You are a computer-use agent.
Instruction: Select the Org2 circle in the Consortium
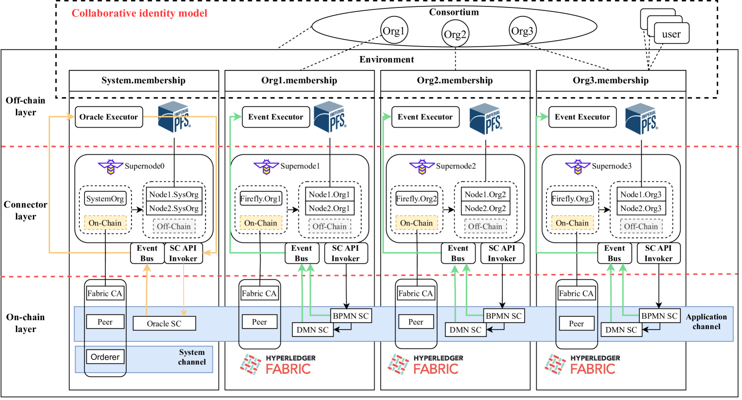(x=455, y=35)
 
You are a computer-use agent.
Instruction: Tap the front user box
(x=671, y=35)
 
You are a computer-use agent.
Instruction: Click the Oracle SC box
(x=164, y=324)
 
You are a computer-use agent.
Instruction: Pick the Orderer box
(x=105, y=356)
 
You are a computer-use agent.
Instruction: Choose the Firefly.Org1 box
(x=261, y=199)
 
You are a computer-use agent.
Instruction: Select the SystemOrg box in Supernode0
(x=106, y=199)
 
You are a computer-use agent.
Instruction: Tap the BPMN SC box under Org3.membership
(x=659, y=316)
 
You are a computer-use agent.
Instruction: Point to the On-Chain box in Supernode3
(x=572, y=223)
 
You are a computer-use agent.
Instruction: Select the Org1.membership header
(x=299, y=80)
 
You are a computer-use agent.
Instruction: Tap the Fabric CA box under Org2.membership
(x=415, y=293)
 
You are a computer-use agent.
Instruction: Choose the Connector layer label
(x=26, y=211)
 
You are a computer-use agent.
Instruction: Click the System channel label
(x=192, y=357)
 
